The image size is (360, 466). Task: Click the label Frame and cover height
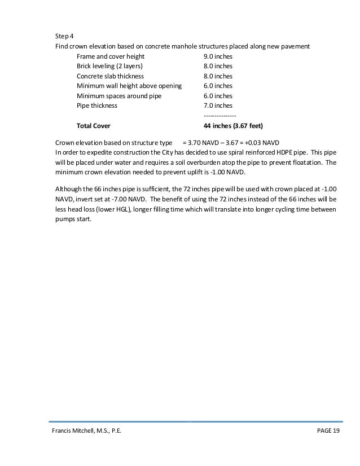point(111,57)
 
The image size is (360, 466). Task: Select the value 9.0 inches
point(218,57)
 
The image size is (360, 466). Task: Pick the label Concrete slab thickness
point(110,76)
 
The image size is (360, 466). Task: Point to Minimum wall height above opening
point(129,86)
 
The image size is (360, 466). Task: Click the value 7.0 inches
point(218,105)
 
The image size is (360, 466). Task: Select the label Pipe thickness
point(97,105)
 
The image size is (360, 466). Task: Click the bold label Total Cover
point(94,125)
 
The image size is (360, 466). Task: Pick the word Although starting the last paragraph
point(69,189)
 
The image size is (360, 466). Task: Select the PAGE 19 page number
point(326,432)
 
